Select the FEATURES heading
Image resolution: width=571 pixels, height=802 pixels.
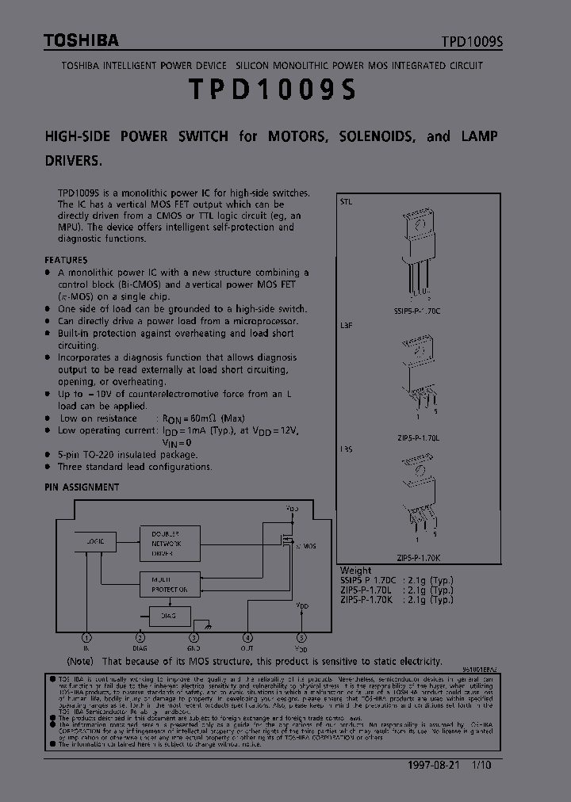(x=66, y=259)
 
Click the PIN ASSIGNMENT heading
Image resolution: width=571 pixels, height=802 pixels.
(x=82, y=487)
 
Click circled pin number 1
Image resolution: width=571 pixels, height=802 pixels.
(x=86, y=637)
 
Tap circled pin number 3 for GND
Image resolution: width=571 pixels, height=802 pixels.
(x=194, y=637)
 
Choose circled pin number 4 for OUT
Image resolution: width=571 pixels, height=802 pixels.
(x=247, y=637)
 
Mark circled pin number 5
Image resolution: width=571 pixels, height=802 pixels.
(x=301, y=637)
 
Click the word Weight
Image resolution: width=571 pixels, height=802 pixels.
(x=355, y=570)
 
